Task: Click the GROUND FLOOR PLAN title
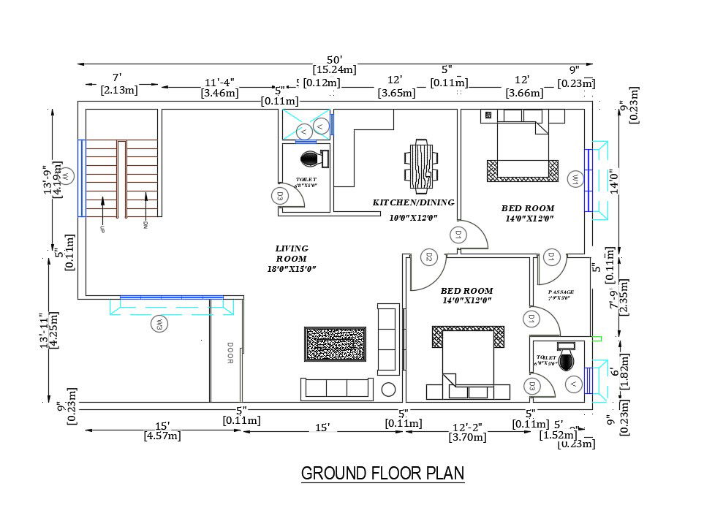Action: tap(382, 474)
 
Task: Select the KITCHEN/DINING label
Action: tap(413, 202)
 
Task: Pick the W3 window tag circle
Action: tap(157, 324)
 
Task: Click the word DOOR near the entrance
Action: tap(230, 353)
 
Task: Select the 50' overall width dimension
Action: tap(335, 59)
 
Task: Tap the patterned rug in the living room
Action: tap(335, 343)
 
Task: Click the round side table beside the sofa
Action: tap(389, 390)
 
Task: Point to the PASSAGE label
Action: tap(561, 292)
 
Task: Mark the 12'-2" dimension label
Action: tap(469, 427)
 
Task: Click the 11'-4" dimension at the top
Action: tap(219, 81)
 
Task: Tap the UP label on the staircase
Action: tap(102, 228)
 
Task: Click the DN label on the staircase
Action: tap(145, 224)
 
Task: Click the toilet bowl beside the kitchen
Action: tap(309, 157)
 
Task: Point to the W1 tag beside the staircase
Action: tap(65, 176)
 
